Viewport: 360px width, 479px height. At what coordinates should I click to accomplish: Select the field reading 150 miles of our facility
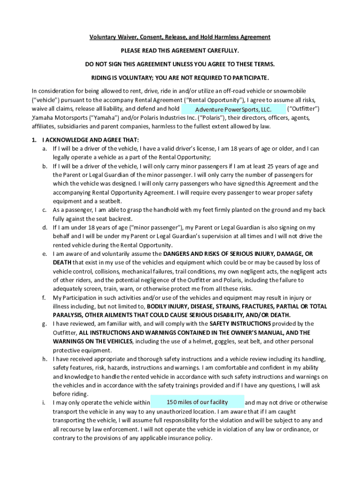(197, 402)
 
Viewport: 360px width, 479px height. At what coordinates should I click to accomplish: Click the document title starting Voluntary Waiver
(180, 37)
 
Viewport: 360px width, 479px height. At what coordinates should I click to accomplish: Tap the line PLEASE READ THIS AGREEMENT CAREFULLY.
(180, 50)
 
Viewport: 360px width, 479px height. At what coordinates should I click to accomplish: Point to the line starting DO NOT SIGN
(180, 64)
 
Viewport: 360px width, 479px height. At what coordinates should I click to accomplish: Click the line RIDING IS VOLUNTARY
(180, 77)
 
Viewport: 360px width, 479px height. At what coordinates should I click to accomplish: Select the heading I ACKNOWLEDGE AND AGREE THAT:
(90, 140)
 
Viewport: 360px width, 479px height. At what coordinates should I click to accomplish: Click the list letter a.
(44, 149)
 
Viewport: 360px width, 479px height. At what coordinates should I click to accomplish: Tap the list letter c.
(44, 210)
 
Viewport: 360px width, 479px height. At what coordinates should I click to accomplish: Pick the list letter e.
(44, 254)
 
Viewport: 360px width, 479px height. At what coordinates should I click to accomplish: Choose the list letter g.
(44, 324)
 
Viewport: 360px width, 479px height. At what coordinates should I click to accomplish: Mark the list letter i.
(44, 403)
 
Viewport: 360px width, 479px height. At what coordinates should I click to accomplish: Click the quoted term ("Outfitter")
(303, 109)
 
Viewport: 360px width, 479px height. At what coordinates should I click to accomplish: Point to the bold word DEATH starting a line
(62, 262)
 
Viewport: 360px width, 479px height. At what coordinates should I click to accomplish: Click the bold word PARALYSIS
(69, 315)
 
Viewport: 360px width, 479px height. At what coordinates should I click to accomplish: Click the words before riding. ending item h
(71, 394)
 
